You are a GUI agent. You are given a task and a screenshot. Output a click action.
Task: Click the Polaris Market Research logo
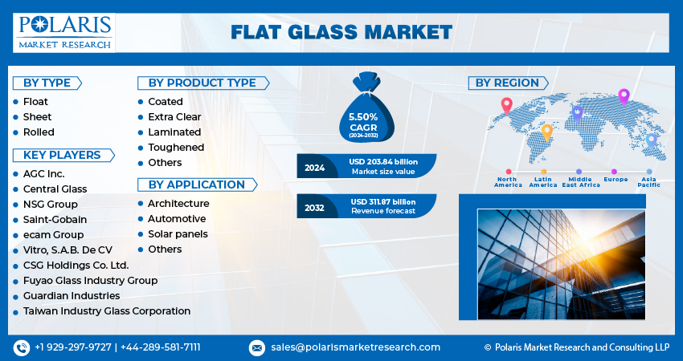[x=64, y=33]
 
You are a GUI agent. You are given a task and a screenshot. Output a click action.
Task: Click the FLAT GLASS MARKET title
[x=341, y=33]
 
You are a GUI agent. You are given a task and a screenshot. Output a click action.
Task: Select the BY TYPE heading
[x=47, y=83]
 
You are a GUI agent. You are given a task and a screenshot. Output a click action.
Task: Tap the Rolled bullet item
[x=39, y=132]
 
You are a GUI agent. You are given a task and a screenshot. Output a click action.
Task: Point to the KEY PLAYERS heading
[x=63, y=155]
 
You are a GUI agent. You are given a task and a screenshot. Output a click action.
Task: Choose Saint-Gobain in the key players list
[x=55, y=219]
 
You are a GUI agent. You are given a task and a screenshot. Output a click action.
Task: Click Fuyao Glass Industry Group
[x=90, y=281]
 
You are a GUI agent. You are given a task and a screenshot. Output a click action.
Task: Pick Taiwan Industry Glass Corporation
[x=107, y=311]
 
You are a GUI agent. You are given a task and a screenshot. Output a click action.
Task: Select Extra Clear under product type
[x=174, y=117]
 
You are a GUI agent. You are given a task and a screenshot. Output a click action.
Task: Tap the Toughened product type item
[x=176, y=148]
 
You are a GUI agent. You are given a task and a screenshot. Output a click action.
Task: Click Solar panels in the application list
[x=178, y=234]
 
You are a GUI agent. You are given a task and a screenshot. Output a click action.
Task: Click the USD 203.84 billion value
[x=383, y=162]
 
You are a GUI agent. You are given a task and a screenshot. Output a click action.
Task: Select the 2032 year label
[x=314, y=208]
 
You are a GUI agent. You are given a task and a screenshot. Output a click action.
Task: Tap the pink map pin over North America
[x=506, y=106]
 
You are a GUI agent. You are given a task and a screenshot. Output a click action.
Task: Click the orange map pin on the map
[x=546, y=132]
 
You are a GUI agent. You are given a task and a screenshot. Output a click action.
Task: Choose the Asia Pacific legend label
[x=649, y=182]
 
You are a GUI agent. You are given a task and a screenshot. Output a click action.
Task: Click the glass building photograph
[x=561, y=265]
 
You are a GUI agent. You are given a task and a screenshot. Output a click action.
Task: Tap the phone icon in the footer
[x=22, y=348]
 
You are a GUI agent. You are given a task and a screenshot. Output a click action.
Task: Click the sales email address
[x=355, y=347]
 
